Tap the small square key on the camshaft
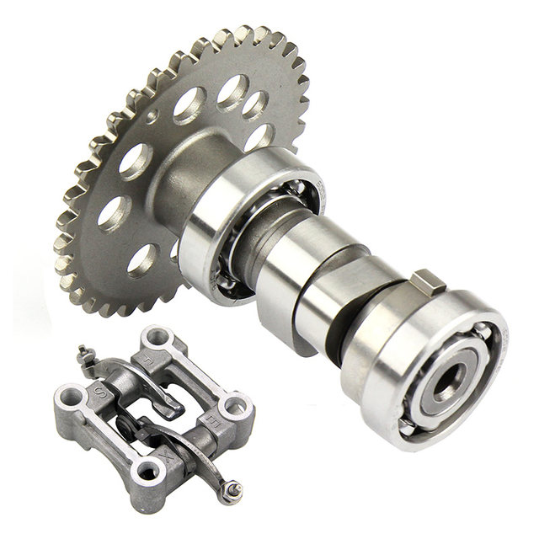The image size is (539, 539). (x=426, y=280)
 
